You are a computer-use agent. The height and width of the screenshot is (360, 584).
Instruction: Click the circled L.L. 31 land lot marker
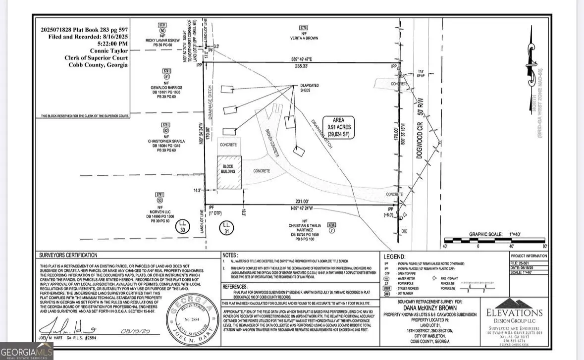click(x=227, y=229)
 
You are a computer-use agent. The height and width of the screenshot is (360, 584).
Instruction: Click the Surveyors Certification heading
click(x=68, y=255)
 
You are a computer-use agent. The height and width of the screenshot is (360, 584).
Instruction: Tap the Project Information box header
click(x=529, y=256)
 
